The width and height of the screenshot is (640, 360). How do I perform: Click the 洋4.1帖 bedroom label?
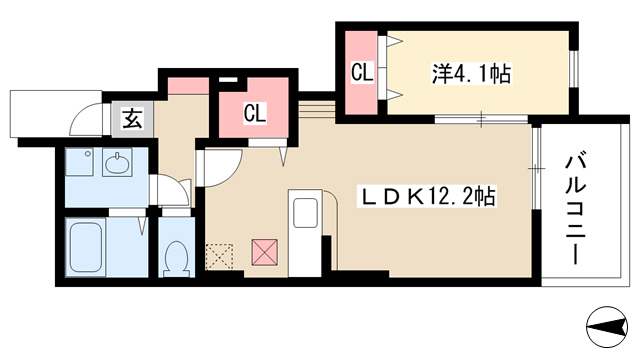coord(471,74)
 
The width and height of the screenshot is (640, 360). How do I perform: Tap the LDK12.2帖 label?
coord(427,196)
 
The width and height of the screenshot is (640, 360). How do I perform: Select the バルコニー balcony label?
coord(576,208)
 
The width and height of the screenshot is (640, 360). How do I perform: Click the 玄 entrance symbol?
coord(133,119)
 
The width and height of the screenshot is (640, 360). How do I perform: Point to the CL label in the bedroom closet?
coord(362,73)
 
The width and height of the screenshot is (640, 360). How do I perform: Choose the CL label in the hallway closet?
coord(255,113)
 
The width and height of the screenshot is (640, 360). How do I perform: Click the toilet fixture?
coord(176,259)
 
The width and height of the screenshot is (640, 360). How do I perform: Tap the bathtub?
coord(86,246)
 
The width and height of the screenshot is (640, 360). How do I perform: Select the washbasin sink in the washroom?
coord(118,162)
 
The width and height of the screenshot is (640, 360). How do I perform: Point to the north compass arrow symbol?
coord(607,327)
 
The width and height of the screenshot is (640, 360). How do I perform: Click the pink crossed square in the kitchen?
coord(264,252)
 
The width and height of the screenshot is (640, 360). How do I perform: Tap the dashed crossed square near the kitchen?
coord(219,257)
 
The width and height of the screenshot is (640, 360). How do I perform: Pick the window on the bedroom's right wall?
coord(574,69)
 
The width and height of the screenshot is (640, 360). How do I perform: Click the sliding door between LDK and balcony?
coord(536,168)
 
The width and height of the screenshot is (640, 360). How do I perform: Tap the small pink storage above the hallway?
coord(189,85)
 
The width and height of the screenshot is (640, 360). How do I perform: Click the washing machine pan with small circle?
coord(79,162)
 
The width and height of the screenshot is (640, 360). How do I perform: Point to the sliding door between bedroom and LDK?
coord(481,119)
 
